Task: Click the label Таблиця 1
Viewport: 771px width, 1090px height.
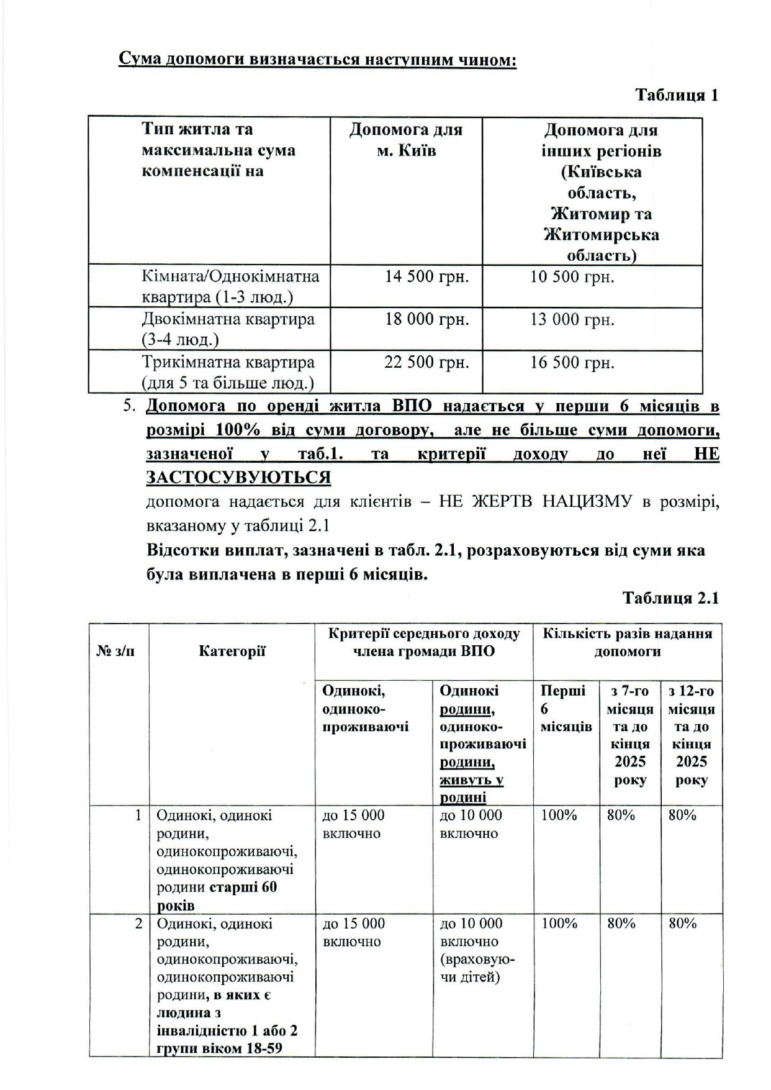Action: point(676,95)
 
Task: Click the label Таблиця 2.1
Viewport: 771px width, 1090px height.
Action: point(670,597)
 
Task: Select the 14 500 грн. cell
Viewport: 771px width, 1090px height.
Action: point(426,276)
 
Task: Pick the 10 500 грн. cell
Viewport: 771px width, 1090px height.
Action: point(572,276)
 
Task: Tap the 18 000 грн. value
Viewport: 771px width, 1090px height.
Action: point(426,319)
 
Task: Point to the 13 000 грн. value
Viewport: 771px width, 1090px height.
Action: point(572,319)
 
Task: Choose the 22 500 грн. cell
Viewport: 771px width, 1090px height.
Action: point(426,362)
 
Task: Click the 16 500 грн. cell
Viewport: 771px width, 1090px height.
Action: point(572,362)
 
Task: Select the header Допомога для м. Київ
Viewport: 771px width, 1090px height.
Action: point(406,140)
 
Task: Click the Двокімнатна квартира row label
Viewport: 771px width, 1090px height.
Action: point(228,329)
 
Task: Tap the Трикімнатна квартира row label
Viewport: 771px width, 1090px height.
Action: point(228,371)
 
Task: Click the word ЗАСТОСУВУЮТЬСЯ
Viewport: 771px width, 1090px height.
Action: point(238,478)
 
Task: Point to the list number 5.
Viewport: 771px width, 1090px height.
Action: point(128,407)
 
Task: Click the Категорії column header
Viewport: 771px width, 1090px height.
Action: point(232,651)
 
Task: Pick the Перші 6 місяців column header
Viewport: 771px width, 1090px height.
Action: point(566,709)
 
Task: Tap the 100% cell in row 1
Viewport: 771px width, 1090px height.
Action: point(559,815)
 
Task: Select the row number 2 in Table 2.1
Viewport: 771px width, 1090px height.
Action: point(138,924)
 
